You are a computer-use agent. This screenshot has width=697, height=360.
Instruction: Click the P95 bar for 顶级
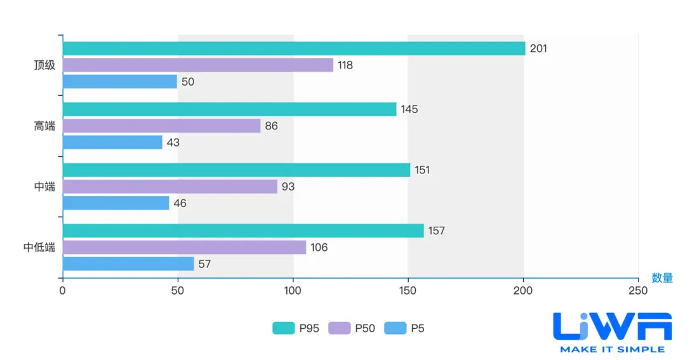(x=294, y=48)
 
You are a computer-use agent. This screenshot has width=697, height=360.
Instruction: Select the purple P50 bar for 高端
(x=161, y=126)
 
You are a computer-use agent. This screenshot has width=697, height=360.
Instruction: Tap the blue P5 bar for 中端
(x=116, y=203)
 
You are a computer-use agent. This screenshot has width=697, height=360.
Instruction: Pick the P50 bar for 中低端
(x=184, y=247)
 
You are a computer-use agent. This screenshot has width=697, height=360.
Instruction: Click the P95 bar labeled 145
(x=229, y=109)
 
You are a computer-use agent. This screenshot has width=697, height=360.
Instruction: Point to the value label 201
(x=538, y=48)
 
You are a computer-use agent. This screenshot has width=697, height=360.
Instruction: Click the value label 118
(x=345, y=65)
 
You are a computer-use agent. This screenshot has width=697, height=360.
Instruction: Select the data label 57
(x=204, y=264)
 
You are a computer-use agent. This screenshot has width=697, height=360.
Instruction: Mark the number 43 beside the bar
(x=173, y=143)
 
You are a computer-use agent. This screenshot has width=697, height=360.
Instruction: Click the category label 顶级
(x=44, y=65)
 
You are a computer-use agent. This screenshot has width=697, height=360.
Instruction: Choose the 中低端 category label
(x=39, y=248)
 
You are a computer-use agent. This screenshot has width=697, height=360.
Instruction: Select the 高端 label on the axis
(x=44, y=126)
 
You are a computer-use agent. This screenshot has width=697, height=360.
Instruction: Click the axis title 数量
(x=662, y=278)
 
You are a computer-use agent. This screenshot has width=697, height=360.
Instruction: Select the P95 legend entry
(x=296, y=328)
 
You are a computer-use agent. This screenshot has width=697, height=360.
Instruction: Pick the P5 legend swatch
(x=395, y=328)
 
